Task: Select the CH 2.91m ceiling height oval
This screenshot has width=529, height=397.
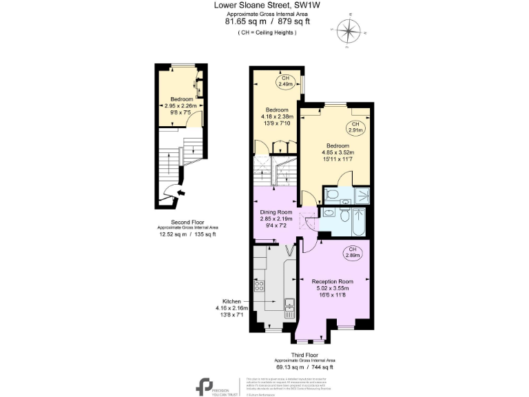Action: [x=355, y=128]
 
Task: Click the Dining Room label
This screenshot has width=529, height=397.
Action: [x=276, y=212]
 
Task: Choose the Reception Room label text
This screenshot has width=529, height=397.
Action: [x=333, y=281]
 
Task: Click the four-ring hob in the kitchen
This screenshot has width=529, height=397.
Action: [x=261, y=285]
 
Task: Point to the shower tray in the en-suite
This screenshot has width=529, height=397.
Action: [x=360, y=195]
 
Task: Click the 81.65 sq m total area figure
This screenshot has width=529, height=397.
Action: [x=245, y=21]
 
